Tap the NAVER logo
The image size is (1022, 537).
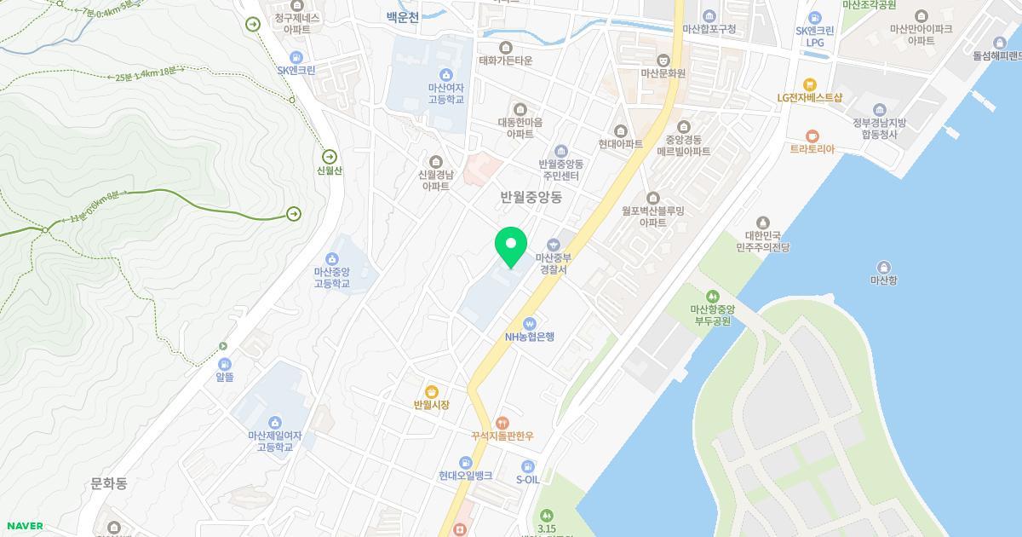coord(24,526)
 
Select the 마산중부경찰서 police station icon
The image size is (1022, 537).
coord(553,245)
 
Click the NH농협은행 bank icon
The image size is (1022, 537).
coord(529,323)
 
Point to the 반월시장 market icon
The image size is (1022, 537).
coord(432,391)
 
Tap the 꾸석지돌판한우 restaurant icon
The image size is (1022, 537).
coord(502,422)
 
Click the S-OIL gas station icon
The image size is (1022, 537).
coord(528,466)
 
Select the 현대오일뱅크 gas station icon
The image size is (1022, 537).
coord(465,462)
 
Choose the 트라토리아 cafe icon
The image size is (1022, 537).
coord(812,136)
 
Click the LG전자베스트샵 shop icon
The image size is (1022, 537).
coord(809,84)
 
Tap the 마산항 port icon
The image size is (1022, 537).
coord(884,267)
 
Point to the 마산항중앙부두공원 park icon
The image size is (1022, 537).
coord(711,297)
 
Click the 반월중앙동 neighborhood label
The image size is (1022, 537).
coord(531,197)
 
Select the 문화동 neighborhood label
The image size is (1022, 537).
coord(109,483)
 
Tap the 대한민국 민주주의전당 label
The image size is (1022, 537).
coord(763,241)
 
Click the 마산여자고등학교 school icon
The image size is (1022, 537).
coord(445,75)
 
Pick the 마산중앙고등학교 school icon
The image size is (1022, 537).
coord(331,259)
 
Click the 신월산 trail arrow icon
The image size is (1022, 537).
coord(330,157)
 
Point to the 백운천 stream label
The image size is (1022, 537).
coord(403,16)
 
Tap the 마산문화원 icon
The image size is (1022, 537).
coord(663,60)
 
